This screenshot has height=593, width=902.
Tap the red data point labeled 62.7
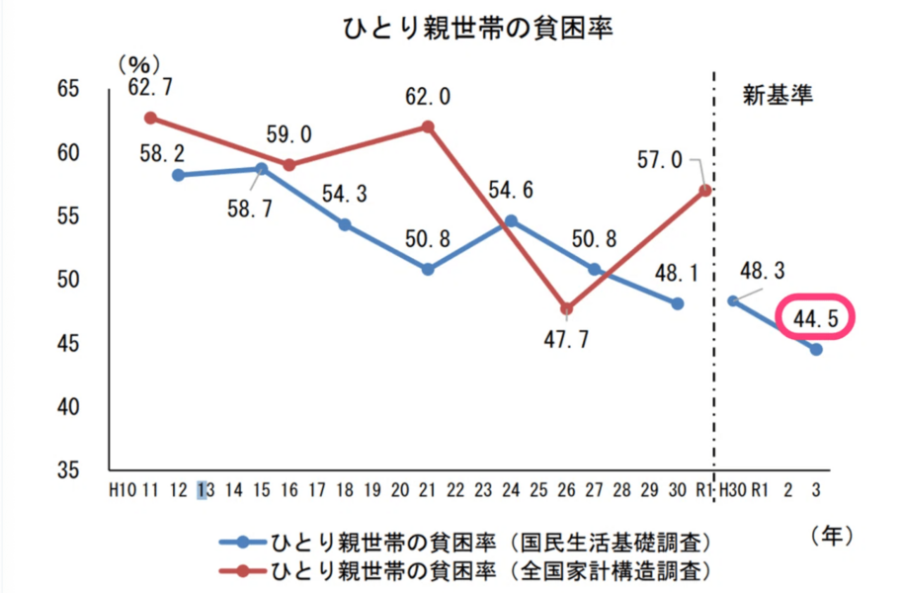(150, 118)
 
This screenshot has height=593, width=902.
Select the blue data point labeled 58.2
(178, 175)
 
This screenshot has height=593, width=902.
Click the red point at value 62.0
(428, 127)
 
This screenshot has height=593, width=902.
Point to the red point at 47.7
(566, 308)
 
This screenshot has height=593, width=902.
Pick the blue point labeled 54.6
(511, 220)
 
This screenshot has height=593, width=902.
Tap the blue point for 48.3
(733, 300)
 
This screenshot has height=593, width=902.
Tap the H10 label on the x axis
(122, 489)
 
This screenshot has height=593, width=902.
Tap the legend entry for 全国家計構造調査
(463, 570)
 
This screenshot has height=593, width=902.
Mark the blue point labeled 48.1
(677, 303)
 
